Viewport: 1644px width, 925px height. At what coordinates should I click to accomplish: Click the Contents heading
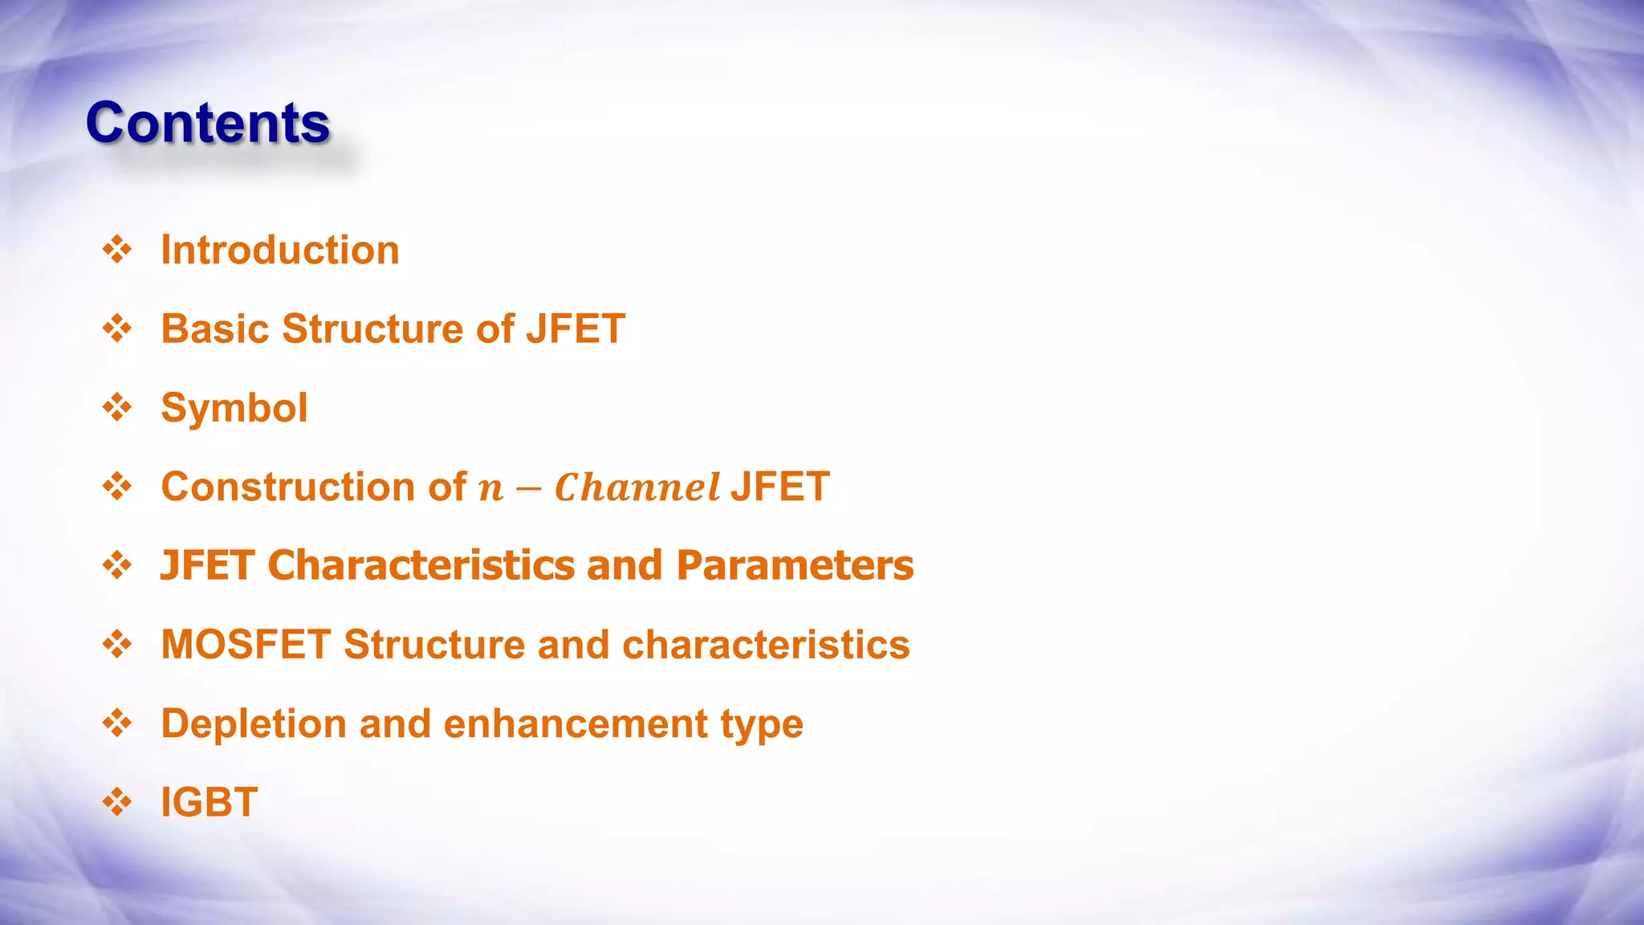(208, 123)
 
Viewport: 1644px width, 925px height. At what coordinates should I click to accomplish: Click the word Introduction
(280, 250)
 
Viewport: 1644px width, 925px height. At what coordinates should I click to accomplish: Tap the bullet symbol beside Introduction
(117, 250)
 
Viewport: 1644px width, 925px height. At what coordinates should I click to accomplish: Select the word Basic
(215, 328)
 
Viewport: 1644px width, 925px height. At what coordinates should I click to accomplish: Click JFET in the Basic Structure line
(576, 328)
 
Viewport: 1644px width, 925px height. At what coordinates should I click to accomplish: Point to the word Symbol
(234, 408)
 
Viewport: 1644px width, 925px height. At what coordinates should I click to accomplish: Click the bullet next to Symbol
(117, 408)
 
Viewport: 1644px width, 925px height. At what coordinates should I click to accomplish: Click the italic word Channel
(637, 487)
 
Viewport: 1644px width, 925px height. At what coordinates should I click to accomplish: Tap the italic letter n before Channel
(490, 489)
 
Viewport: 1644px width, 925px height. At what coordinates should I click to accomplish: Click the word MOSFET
(246, 644)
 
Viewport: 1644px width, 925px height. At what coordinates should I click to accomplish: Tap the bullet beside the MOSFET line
(117, 644)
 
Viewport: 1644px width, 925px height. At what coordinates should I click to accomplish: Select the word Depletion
(254, 723)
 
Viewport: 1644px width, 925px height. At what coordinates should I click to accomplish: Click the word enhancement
(575, 723)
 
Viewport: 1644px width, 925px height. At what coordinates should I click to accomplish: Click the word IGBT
(210, 802)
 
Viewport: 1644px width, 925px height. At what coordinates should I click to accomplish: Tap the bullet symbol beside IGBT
(117, 802)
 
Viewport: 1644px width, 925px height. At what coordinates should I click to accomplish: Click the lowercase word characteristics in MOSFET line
(766, 644)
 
